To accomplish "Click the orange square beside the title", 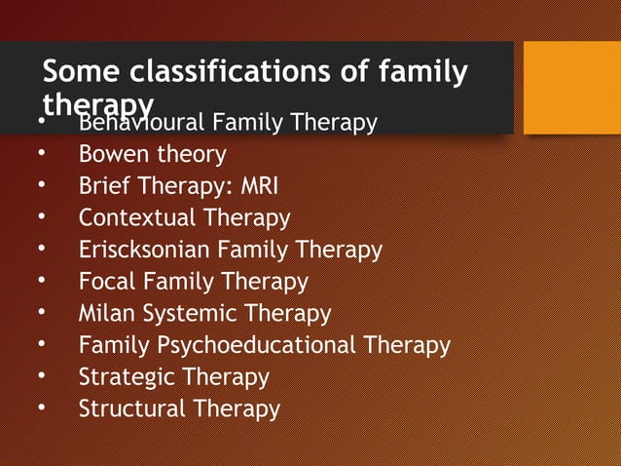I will [x=572, y=88].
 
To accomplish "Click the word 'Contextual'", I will [x=132, y=217].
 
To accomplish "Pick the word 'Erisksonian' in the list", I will [x=145, y=250].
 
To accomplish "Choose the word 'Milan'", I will [x=106, y=314].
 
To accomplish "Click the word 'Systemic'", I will [x=190, y=314].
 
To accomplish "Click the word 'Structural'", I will [x=132, y=408].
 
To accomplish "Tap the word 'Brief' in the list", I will [x=102, y=186].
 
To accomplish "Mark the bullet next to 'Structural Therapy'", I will [x=42, y=409].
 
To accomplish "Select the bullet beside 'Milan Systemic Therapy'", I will [x=42, y=314].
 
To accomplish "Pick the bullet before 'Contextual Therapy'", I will [x=42, y=218].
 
